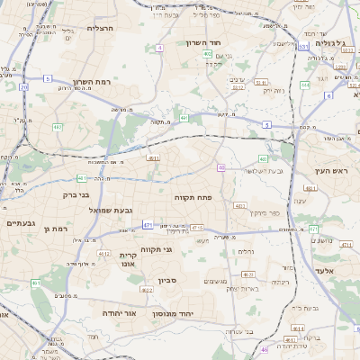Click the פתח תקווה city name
(193, 195)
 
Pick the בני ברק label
(77, 193)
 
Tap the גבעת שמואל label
(111, 211)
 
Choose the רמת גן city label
(56, 229)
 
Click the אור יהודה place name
(118, 312)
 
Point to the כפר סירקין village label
(253, 212)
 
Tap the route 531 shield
(303, 46)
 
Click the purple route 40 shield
(221, 167)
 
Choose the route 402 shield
(207, 54)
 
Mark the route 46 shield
(264, 349)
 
